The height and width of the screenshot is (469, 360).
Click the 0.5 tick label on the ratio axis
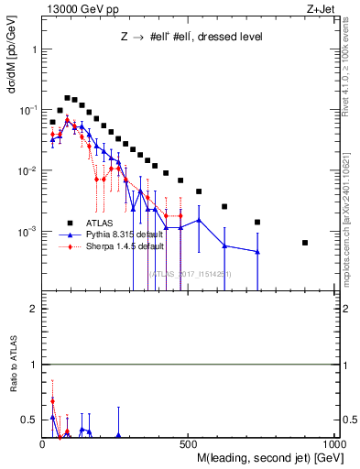pos(31,420)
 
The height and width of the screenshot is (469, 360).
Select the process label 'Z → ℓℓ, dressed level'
pos(190,38)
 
